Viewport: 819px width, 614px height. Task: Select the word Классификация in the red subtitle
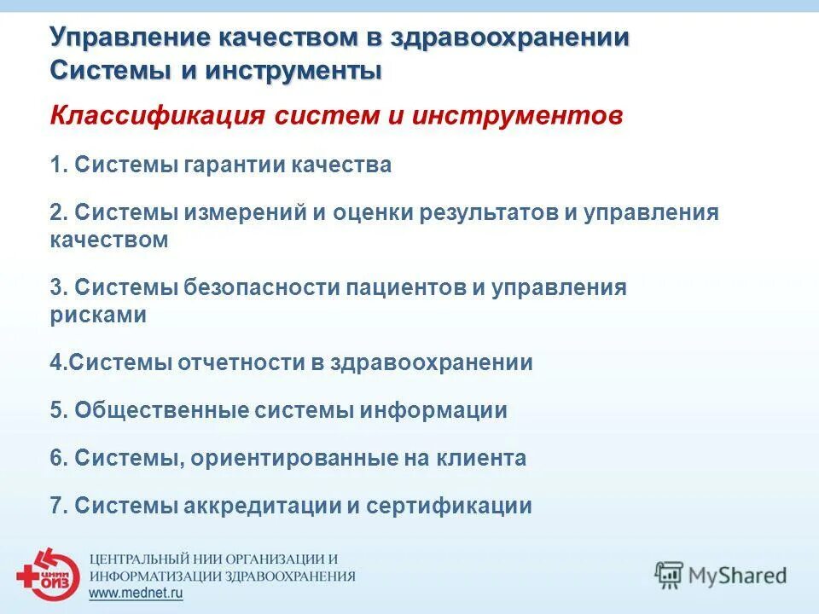[x=157, y=116]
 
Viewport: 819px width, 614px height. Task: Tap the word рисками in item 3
[x=98, y=315]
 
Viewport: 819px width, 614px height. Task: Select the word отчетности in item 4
[x=240, y=362]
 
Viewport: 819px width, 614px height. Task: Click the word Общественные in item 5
[x=161, y=410]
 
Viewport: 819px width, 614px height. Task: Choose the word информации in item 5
[x=433, y=410]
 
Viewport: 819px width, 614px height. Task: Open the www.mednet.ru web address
[x=136, y=594]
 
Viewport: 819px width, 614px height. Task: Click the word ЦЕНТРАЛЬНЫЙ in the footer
[x=143, y=559]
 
